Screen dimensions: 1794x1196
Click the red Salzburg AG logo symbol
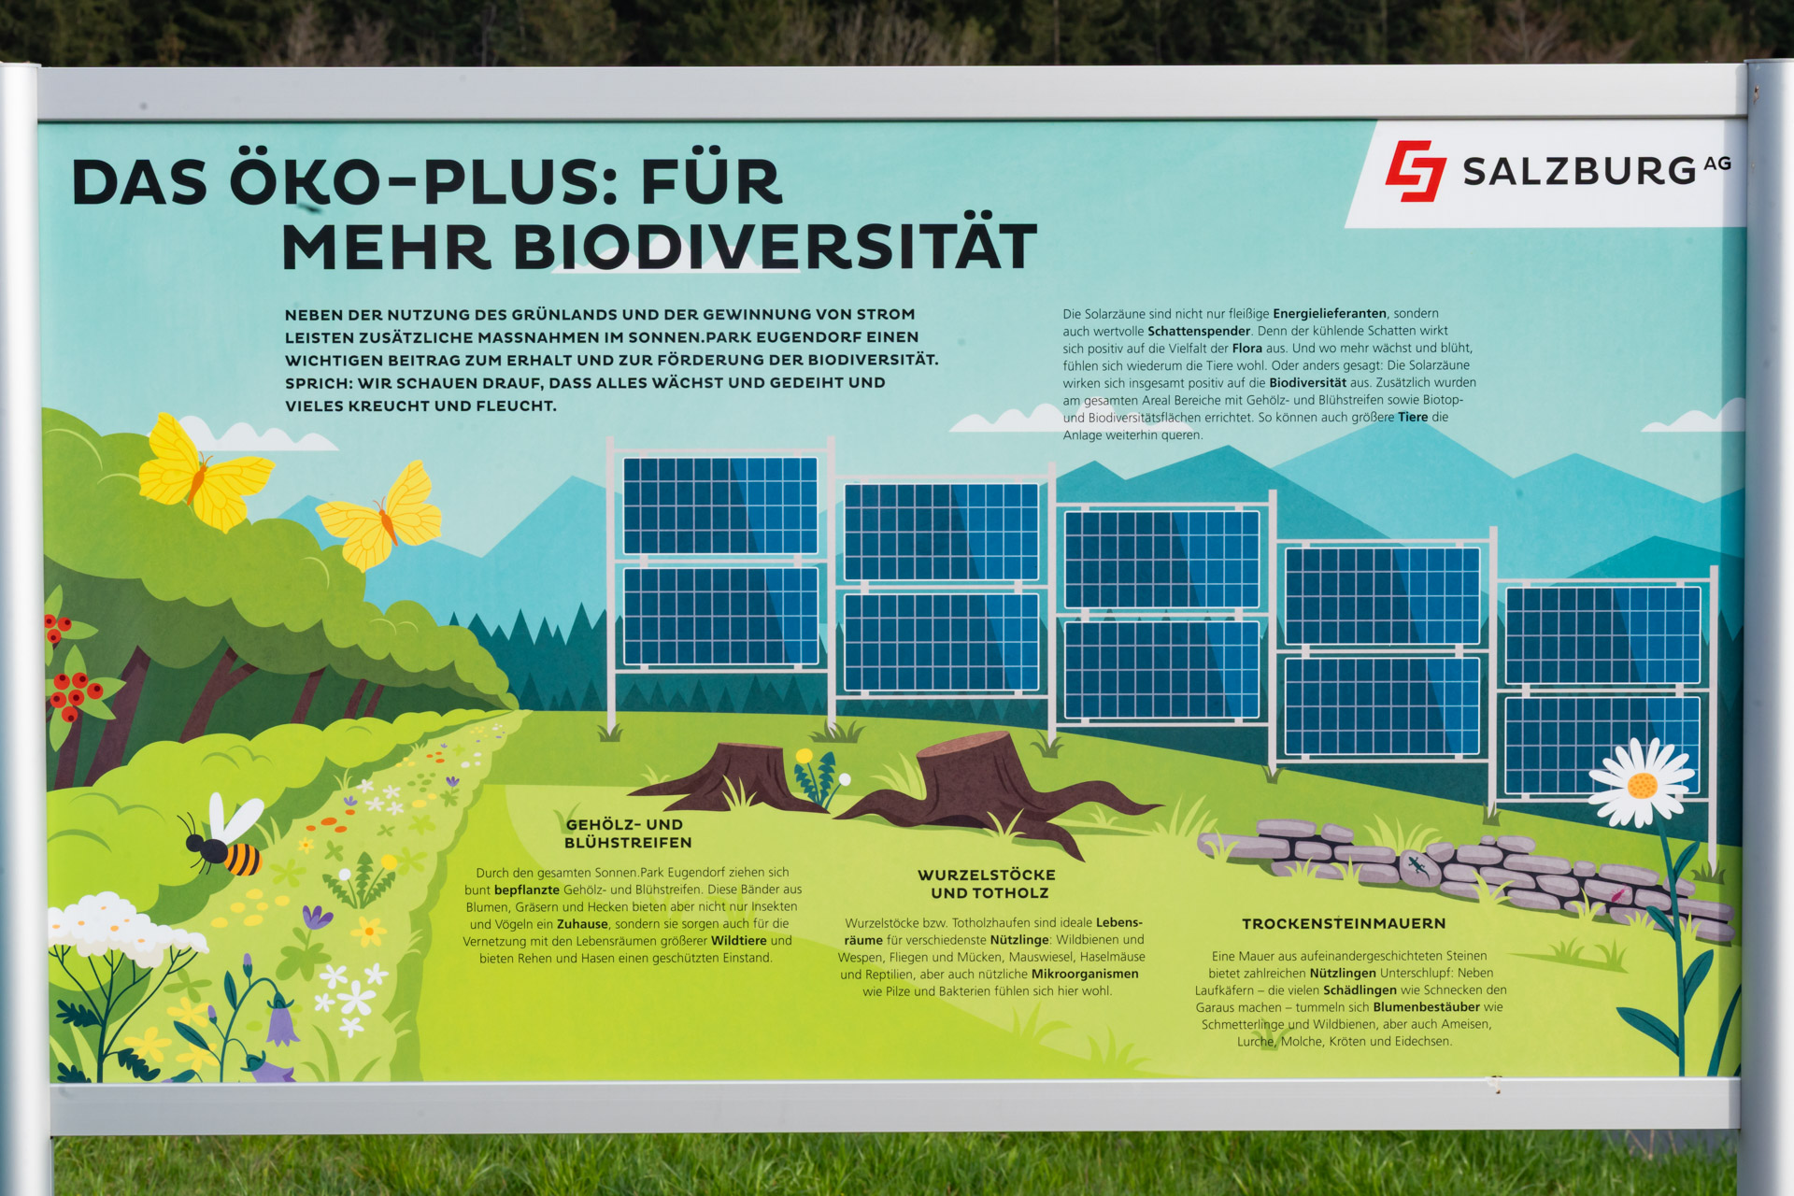(1417, 171)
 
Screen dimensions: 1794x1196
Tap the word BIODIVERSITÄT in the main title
(775, 247)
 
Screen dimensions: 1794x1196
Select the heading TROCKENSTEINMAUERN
(1344, 924)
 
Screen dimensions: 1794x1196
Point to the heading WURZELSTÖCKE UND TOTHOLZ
(987, 884)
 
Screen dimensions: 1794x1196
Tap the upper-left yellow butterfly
(204, 473)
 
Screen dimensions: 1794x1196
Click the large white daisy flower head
(1641, 783)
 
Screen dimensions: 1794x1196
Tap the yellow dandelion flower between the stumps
(804, 756)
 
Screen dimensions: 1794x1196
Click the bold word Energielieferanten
(1330, 314)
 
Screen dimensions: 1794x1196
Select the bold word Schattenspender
(1199, 331)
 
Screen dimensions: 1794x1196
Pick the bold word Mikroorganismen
(1085, 974)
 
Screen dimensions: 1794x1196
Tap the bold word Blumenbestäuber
(1426, 1007)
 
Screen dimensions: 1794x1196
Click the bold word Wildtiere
(738, 941)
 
